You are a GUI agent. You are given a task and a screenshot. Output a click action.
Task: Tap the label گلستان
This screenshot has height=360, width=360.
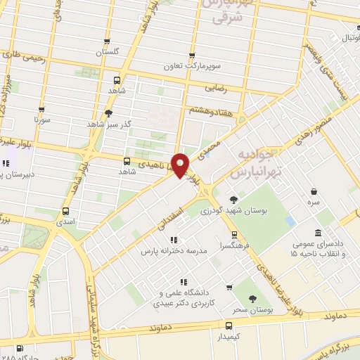[x=108, y=52]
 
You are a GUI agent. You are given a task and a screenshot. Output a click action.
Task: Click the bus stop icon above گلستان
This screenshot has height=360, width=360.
[x=108, y=41]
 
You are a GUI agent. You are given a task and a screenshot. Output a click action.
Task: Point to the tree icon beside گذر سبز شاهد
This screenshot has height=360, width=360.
[x=108, y=112]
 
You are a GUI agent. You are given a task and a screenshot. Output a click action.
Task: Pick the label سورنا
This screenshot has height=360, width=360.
[x=42, y=120]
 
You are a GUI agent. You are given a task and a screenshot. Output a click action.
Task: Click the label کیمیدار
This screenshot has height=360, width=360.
[x=229, y=337]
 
